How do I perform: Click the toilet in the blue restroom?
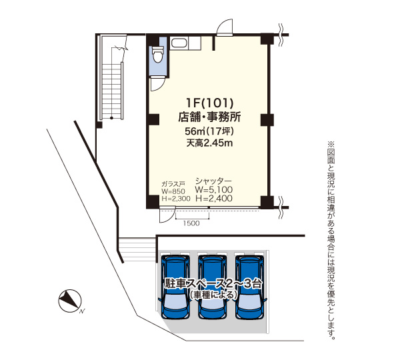point(157,54)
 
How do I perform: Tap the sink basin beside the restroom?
point(179,43)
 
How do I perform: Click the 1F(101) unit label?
point(210,103)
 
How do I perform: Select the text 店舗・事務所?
point(209,117)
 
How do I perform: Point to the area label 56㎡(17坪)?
point(209,131)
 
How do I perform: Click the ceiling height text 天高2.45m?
point(209,143)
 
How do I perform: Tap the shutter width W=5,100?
point(214,189)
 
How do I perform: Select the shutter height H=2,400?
point(214,198)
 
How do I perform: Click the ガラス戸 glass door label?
point(173,184)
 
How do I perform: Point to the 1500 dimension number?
point(191,223)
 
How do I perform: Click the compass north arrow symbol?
point(69,301)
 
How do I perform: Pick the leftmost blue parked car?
point(176,287)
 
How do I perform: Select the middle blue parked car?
point(212,287)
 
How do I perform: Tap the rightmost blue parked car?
point(249,287)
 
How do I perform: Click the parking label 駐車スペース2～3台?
point(213,283)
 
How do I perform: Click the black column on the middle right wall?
point(267,119)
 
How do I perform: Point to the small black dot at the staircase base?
point(111,118)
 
